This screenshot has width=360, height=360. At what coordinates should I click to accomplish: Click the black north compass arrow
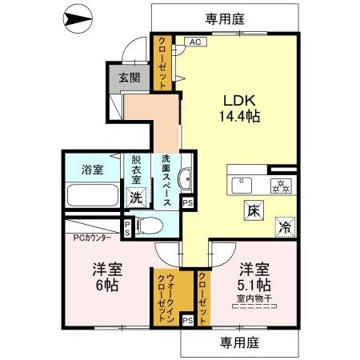point(78,17)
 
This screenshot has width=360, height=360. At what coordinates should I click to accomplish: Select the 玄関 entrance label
point(128,78)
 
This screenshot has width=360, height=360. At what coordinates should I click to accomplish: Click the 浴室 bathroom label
point(93,169)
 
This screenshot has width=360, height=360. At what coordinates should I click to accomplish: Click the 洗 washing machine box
point(138,196)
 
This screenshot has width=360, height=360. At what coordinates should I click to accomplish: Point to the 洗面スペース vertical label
point(166,181)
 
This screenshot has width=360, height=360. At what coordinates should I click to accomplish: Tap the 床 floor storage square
point(251,211)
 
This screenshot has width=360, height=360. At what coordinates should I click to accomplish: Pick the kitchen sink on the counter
point(241,185)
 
